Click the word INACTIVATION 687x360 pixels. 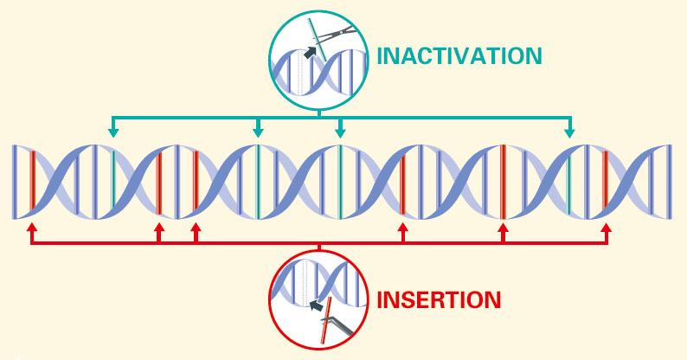pyautogui.click(x=459, y=55)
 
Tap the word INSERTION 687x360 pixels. pyautogui.click(x=439, y=300)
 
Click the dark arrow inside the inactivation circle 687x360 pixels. pyautogui.click(x=310, y=52)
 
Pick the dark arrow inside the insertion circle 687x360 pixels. pyautogui.click(x=316, y=305)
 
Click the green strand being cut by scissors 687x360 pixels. pyautogui.click(x=317, y=40)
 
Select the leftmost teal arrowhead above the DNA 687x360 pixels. pyautogui.click(x=113, y=132)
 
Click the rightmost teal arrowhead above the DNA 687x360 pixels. pyautogui.click(x=569, y=132)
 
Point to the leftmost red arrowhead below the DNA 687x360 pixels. pyautogui.click(x=31, y=228)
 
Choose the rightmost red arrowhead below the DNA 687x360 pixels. pyautogui.click(x=607, y=228)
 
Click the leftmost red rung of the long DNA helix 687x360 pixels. pyautogui.click(x=32, y=179)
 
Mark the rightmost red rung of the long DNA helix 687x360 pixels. pyautogui.click(x=605, y=179)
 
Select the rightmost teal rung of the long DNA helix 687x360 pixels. pyautogui.click(x=569, y=186)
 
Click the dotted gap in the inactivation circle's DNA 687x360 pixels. pyautogui.click(x=300, y=73)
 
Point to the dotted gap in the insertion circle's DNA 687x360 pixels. pyautogui.click(x=305, y=283)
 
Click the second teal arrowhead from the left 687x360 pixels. pyautogui.click(x=258, y=132)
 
